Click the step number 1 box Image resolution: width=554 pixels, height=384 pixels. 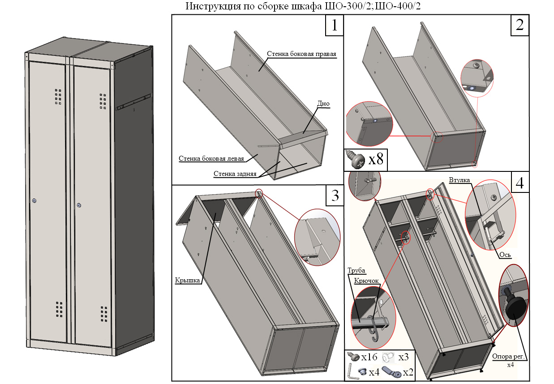(x=334, y=26)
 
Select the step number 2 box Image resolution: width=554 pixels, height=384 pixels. (x=520, y=26)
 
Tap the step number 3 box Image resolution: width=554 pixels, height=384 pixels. (x=334, y=196)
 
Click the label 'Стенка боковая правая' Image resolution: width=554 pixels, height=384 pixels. (x=301, y=54)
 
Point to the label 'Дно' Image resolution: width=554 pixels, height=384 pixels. (x=323, y=103)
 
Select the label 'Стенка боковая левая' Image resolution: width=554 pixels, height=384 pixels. (x=211, y=158)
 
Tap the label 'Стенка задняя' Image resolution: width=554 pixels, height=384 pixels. (x=235, y=174)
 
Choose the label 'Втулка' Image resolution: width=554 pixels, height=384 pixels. (x=459, y=180)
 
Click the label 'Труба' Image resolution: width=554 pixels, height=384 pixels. (x=356, y=271)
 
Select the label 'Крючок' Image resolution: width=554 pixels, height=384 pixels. (x=366, y=281)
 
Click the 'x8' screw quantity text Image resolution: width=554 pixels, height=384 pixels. (x=376, y=160)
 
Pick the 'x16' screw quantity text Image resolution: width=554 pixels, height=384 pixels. (x=370, y=357)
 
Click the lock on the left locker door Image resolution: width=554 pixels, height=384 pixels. (x=34, y=201)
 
